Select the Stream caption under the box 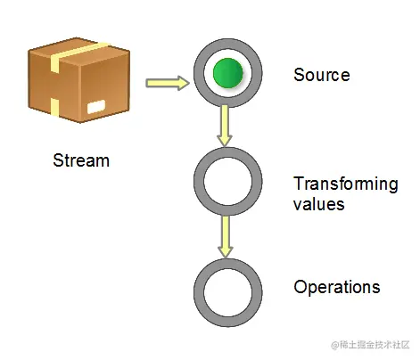coord(81,161)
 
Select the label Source coord(321,75)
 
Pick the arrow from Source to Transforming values coord(226,126)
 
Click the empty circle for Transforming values coord(228,182)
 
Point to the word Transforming coord(345,184)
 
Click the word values coord(318,204)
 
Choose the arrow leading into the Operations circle coord(226,235)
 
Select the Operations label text coord(336,288)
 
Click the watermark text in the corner coord(369,344)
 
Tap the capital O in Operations coord(301,287)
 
